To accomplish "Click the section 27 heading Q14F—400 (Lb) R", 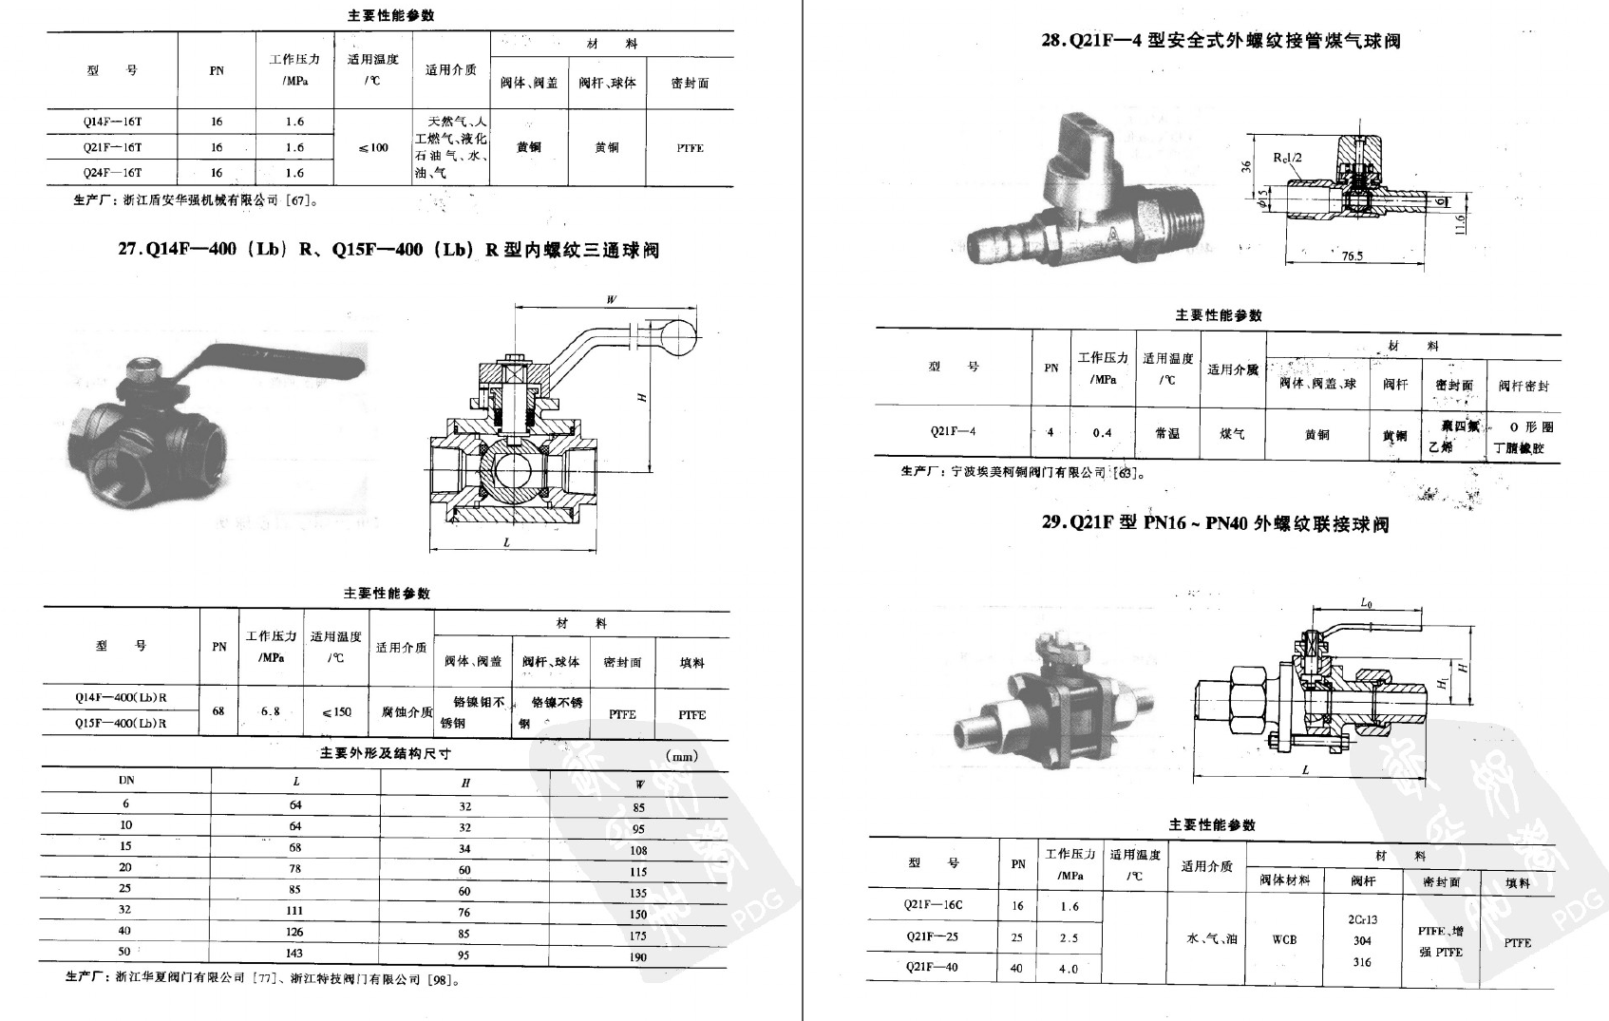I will click(x=388, y=250).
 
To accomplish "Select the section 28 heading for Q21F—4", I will click(x=1221, y=41).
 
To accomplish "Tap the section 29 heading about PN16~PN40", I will click(x=1215, y=523).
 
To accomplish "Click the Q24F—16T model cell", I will click(x=112, y=173).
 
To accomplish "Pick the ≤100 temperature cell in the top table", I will click(x=373, y=147).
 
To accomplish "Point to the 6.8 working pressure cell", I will click(x=271, y=710).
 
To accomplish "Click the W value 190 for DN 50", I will click(x=638, y=956).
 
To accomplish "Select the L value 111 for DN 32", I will click(x=295, y=910).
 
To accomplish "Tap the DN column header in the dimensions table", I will click(x=126, y=780).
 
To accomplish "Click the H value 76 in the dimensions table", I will click(x=464, y=912).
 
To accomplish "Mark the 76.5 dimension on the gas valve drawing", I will click(x=1352, y=255).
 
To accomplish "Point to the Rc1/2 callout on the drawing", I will click(x=1287, y=158).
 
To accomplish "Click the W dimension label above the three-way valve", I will click(x=611, y=299).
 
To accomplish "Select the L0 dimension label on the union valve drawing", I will click(x=1366, y=603).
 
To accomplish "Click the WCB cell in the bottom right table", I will click(x=1284, y=939).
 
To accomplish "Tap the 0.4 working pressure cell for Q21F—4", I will click(x=1102, y=433).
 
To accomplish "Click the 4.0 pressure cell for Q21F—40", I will click(x=1069, y=969).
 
